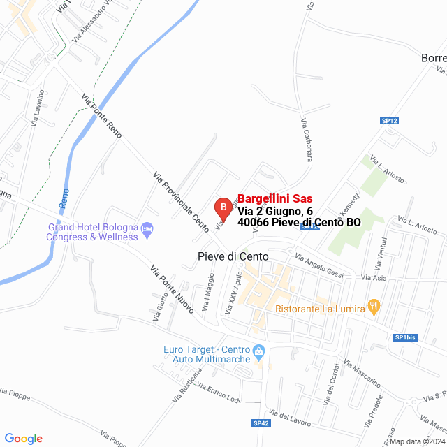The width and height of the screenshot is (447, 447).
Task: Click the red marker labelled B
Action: coord(222,207)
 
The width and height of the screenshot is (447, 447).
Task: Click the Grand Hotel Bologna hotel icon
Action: coord(147,228)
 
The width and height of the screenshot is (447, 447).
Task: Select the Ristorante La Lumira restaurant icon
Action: coord(374,305)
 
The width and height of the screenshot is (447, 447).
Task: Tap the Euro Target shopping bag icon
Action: coord(259,351)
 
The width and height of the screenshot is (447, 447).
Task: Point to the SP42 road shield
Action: coord(261,423)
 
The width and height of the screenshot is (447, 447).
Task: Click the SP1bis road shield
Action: coord(405,337)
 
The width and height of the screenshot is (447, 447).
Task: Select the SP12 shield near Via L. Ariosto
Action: coord(389,121)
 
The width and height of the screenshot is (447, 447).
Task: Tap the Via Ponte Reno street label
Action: coord(101,116)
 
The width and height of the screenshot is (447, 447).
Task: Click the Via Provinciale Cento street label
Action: coord(180,202)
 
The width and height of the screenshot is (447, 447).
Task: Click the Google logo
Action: coord(23,438)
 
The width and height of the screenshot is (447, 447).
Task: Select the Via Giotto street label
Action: coord(156,307)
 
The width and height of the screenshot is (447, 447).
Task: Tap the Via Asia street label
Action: coord(374,278)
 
